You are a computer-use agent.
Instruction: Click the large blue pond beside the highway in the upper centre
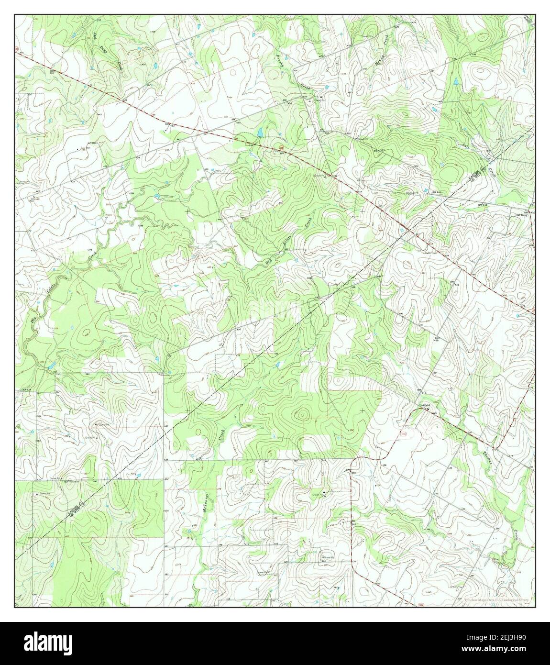(x=259, y=133)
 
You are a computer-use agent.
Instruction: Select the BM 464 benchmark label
(x=435, y=191)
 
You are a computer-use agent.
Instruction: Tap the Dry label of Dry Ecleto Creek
(x=269, y=262)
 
